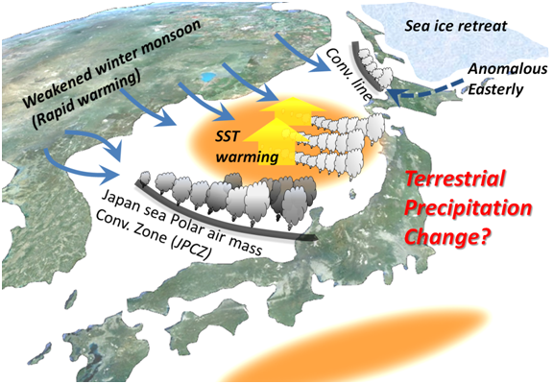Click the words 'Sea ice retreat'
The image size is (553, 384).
point(456,26)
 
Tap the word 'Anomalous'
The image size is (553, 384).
point(508,69)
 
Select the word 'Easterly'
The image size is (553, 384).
point(495,89)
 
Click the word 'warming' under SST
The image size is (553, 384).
point(247,156)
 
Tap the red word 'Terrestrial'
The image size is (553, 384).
point(456,179)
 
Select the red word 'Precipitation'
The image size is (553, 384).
point(468,208)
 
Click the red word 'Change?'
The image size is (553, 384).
point(448,235)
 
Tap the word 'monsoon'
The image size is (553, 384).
point(172,41)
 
